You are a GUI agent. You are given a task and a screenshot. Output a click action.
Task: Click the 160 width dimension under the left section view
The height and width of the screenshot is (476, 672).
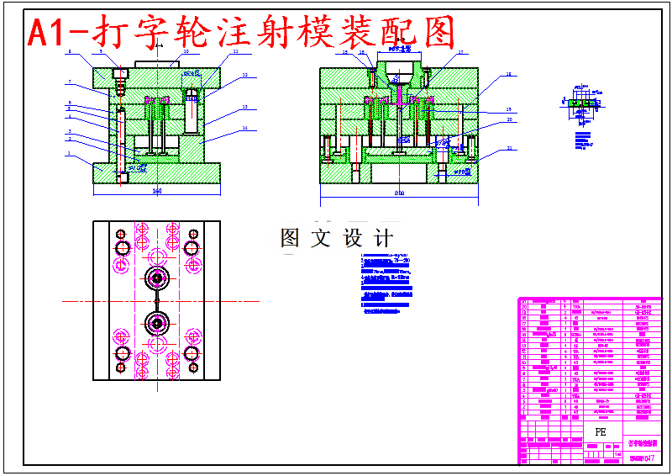[x=156, y=192]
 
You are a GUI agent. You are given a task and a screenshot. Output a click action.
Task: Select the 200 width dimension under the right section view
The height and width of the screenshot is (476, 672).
[x=399, y=194]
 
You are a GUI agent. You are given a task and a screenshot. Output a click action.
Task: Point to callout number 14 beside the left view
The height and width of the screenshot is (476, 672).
[x=244, y=129]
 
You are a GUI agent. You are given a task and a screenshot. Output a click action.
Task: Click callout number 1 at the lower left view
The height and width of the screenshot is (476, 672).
[x=68, y=154]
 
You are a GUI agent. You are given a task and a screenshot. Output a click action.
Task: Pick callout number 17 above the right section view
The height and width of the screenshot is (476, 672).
[x=461, y=52]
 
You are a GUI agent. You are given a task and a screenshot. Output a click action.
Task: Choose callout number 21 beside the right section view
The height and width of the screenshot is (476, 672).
[x=509, y=149]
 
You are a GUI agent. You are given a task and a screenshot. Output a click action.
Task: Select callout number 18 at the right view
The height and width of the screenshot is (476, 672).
[x=509, y=75]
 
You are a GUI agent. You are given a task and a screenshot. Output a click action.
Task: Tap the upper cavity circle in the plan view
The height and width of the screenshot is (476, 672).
[x=156, y=278]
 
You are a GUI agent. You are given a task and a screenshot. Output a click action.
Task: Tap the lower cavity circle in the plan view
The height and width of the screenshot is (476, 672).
[x=156, y=322]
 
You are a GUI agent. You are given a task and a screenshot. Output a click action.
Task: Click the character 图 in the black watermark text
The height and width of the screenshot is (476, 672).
[x=291, y=238]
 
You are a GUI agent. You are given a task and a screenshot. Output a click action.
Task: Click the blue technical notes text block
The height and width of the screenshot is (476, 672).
[x=386, y=282]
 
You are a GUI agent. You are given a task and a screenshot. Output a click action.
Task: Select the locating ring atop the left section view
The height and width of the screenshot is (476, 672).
[x=156, y=62]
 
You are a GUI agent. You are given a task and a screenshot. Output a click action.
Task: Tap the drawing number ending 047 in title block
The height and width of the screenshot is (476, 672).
[x=643, y=457]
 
